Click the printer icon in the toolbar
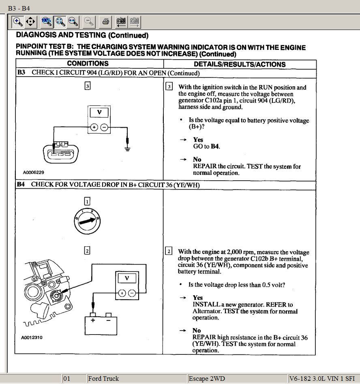[105, 21]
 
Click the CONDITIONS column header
[88, 64]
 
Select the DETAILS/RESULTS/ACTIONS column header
[240, 64]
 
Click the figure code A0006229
[34, 173]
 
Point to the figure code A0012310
[32, 337]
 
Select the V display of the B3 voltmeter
[99, 112]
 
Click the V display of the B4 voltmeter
[127, 278]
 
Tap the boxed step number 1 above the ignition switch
[87, 201]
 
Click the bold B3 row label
[21, 73]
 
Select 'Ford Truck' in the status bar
[103, 379]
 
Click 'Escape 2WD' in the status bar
[206, 379]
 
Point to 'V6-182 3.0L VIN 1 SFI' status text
[322, 379]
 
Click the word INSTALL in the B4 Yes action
[206, 305]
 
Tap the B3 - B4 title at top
[19, 8]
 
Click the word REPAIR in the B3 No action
[205, 166]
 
